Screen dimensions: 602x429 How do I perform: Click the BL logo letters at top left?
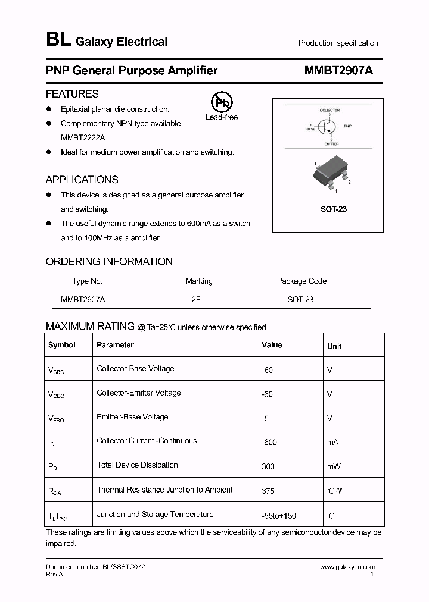tap(58, 41)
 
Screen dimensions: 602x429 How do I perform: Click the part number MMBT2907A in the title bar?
tap(338, 71)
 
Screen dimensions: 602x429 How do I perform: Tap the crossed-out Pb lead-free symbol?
tap(222, 102)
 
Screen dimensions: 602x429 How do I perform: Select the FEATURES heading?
tap(72, 94)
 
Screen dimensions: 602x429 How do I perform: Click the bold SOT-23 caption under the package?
tap(334, 209)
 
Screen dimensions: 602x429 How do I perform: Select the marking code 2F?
tap(195, 300)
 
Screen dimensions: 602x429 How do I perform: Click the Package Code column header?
tap(301, 281)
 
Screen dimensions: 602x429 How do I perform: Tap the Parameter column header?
tap(115, 345)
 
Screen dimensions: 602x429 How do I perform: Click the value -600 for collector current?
tap(269, 442)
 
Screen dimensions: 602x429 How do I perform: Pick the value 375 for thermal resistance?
tap(268, 491)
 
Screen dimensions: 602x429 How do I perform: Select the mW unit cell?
tap(334, 467)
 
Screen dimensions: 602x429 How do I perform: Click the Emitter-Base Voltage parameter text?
tap(132, 417)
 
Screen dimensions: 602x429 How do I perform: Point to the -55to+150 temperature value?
tap(279, 515)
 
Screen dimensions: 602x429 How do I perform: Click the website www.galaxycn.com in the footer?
tap(347, 567)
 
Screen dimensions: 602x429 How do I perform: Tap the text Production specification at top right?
tap(338, 43)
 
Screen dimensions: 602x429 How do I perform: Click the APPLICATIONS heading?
tap(82, 180)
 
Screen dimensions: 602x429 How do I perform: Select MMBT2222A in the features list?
tap(84, 137)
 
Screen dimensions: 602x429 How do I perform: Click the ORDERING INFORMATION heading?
tap(109, 262)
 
